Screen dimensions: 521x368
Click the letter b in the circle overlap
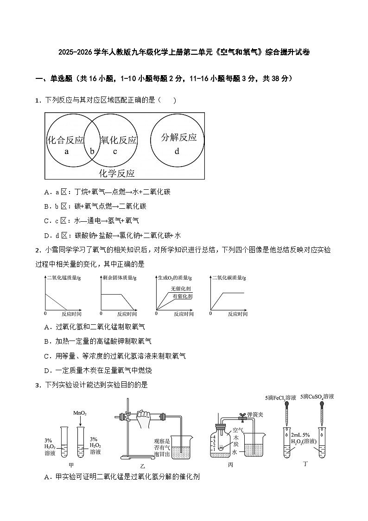click(x=92, y=151)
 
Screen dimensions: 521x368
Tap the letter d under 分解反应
click(x=177, y=151)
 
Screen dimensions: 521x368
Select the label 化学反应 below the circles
click(x=117, y=174)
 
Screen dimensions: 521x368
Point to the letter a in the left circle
click(x=67, y=151)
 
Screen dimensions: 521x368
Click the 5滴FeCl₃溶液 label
click(x=280, y=398)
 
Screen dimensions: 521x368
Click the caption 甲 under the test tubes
click(x=71, y=465)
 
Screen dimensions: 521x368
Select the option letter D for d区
click(x=47, y=235)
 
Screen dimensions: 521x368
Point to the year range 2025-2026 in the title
click(x=76, y=52)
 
